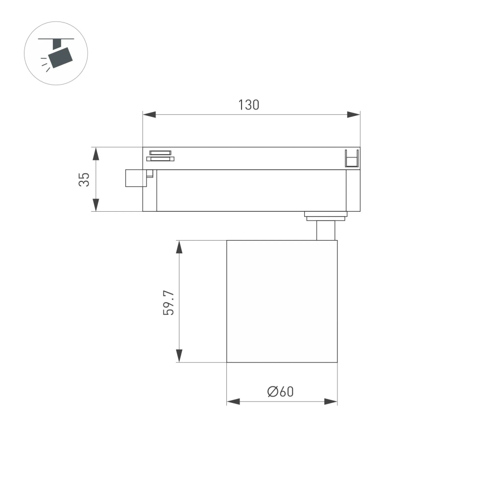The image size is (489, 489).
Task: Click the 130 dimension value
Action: click(x=248, y=105)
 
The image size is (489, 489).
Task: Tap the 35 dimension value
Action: click(x=84, y=179)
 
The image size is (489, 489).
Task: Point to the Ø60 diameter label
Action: click(x=281, y=391)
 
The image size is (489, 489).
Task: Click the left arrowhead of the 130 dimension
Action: click(x=149, y=114)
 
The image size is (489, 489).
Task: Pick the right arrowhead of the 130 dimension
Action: click(x=354, y=114)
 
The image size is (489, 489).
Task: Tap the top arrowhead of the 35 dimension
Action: click(x=96, y=153)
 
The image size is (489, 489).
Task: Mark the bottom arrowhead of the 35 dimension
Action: click(x=96, y=205)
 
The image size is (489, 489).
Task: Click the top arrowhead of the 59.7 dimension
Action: click(x=179, y=246)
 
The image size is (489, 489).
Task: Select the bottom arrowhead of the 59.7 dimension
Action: click(x=179, y=356)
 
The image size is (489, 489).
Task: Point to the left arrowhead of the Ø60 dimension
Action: click(x=233, y=401)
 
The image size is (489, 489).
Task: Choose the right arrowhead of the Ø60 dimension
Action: click(x=331, y=401)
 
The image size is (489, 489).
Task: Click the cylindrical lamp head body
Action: click(x=282, y=301)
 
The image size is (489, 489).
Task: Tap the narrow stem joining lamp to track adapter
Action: click(x=326, y=230)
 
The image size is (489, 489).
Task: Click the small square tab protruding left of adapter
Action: click(x=136, y=178)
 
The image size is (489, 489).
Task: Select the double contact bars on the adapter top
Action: click(x=160, y=155)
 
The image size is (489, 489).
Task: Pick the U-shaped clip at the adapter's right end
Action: click(x=352, y=158)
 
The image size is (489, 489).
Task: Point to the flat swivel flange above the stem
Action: click(x=326, y=214)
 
